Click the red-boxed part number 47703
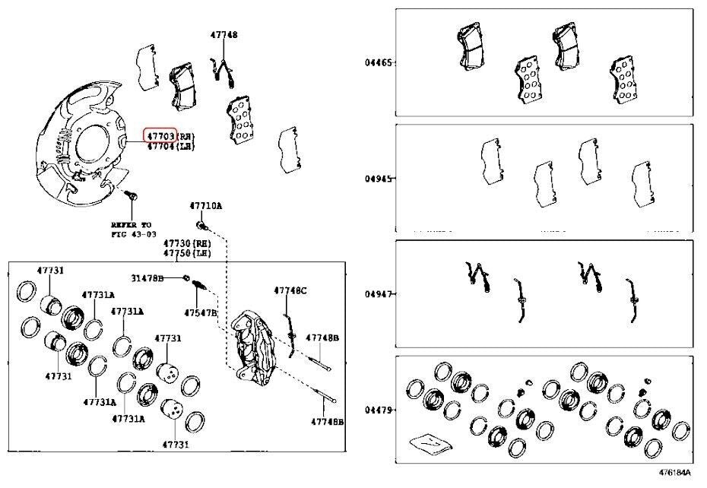(160, 135)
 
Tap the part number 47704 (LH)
(160, 146)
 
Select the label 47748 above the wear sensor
(224, 35)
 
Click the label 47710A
(205, 206)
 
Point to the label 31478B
(146, 277)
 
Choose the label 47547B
(201, 312)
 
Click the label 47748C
(290, 290)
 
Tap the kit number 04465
(378, 62)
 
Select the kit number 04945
(378, 179)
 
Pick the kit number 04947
(378, 294)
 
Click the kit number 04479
(378, 410)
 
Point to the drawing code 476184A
(674, 473)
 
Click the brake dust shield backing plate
(76, 144)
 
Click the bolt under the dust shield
(132, 198)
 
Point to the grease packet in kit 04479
(427, 442)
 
